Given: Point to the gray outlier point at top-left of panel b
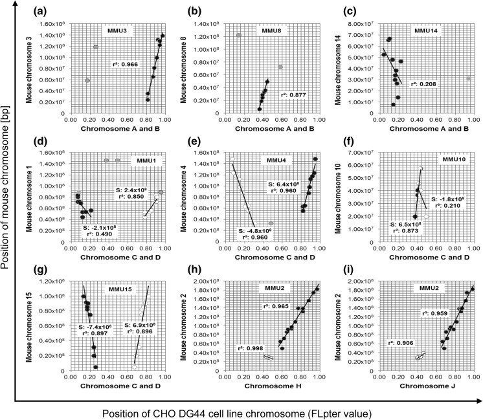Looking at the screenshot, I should click(x=239, y=35).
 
